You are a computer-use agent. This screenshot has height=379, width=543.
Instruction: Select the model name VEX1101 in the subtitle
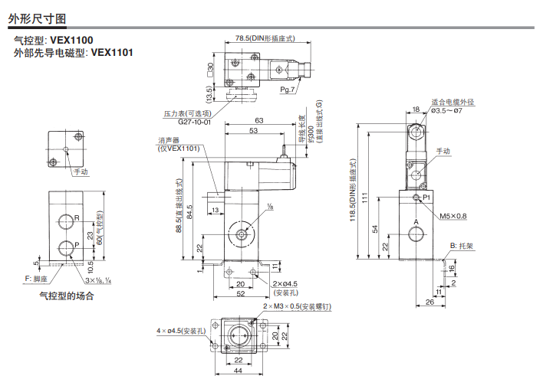tap(113, 53)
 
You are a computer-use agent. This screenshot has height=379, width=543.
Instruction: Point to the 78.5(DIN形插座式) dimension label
tap(264, 38)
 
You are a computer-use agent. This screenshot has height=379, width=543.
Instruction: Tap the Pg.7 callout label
tap(288, 90)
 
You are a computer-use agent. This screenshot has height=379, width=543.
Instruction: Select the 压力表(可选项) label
tap(186, 113)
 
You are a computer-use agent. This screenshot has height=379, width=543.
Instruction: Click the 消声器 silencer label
tap(169, 140)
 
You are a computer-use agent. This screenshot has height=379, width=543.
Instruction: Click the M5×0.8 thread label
tap(452, 216)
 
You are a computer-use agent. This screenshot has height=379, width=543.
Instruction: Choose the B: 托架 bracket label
tap(462, 247)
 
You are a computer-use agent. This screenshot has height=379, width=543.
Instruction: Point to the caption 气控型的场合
tap(67, 295)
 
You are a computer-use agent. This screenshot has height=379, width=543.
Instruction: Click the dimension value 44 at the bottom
tap(239, 371)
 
